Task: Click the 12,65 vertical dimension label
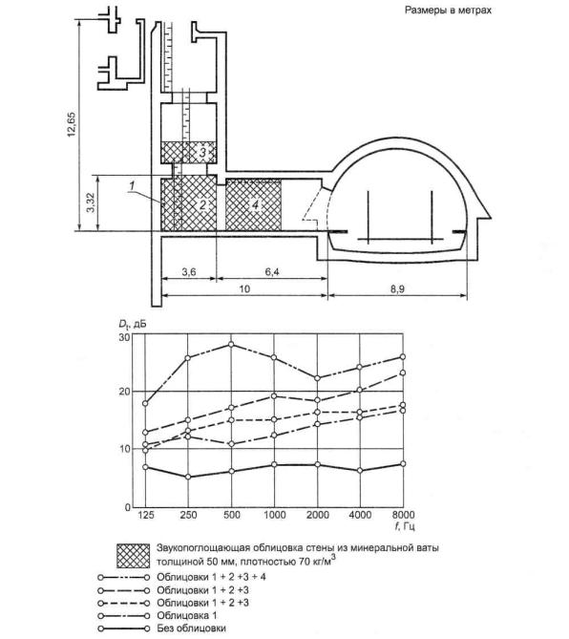coord(72,123)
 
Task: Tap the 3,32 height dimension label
coord(91,202)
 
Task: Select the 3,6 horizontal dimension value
coord(188,272)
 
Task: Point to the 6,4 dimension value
coord(272,272)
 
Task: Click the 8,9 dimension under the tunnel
coord(397,289)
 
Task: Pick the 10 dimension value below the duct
coord(244,289)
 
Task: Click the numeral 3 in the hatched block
coord(202,153)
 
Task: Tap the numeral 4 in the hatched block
coord(255,205)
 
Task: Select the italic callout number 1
coord(131,186)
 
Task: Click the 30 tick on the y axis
coord(124,338)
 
